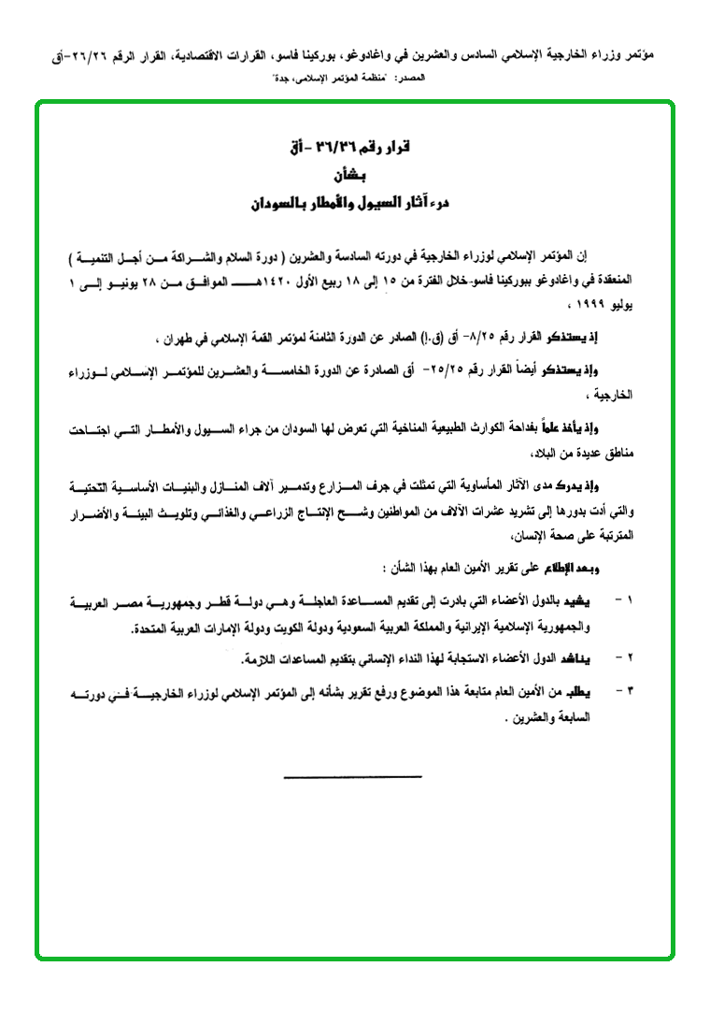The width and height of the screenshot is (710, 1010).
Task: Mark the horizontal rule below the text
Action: [352, 776]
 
